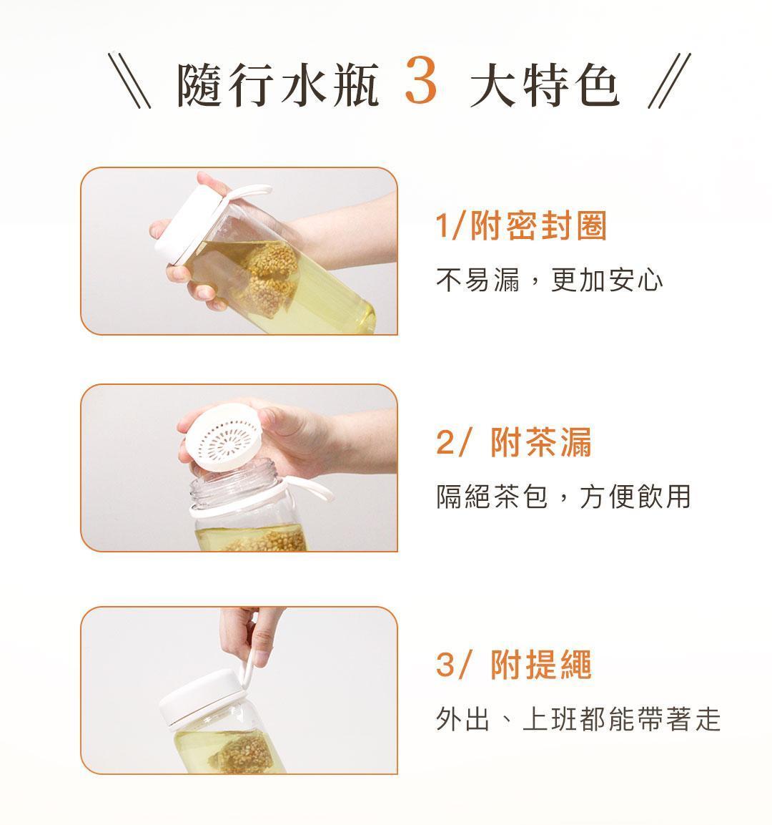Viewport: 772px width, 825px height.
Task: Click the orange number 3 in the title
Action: pyautogui.click(x=421, y=82)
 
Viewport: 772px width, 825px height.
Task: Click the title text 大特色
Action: pyautogui.click(x=545, y=84)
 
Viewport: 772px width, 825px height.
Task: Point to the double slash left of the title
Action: pyautogui.click(x=129, y=81)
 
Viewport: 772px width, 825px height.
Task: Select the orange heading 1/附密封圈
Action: pyautogui.click(x=521, y=225)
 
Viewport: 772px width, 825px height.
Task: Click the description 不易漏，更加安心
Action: pyautogui.click(x=549, y=279)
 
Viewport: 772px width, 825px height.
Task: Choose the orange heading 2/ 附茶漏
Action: pyautogui.click(x=513, y=442)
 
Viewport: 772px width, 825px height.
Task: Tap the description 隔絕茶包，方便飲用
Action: pyautogui.click(x=563, y=496)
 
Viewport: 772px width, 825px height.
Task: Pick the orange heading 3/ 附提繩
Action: pyautogui.click(x=513, y=664)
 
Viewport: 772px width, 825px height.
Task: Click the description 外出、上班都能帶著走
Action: pyautogui.click(x=578, y=718)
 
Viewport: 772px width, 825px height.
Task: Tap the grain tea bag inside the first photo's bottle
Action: pyautogui.click(x=269, y=279)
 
